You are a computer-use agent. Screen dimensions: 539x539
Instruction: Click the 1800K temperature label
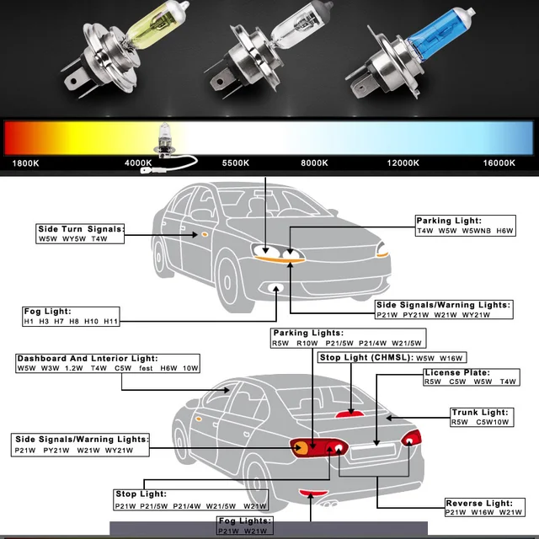pyautogui.click(x=26, y=163)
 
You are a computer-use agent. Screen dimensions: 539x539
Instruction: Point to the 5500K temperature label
pyautogui.click(x=238, y=163)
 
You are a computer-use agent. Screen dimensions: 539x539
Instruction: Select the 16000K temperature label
pyautogui.click(x=499, y=163)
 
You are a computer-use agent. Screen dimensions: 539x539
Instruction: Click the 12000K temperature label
pyautogui.click(x=403, y=163)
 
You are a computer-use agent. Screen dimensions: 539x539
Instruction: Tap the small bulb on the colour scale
pyautogui.click(x=160, y=137)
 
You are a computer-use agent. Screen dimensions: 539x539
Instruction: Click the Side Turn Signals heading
pyautogui.click(x=81, y=229)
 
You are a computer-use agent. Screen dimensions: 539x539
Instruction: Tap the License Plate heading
pyautogui.click(x=457, y=372)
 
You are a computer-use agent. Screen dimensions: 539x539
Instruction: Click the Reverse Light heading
pyautogui.click(x=477, y=503)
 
